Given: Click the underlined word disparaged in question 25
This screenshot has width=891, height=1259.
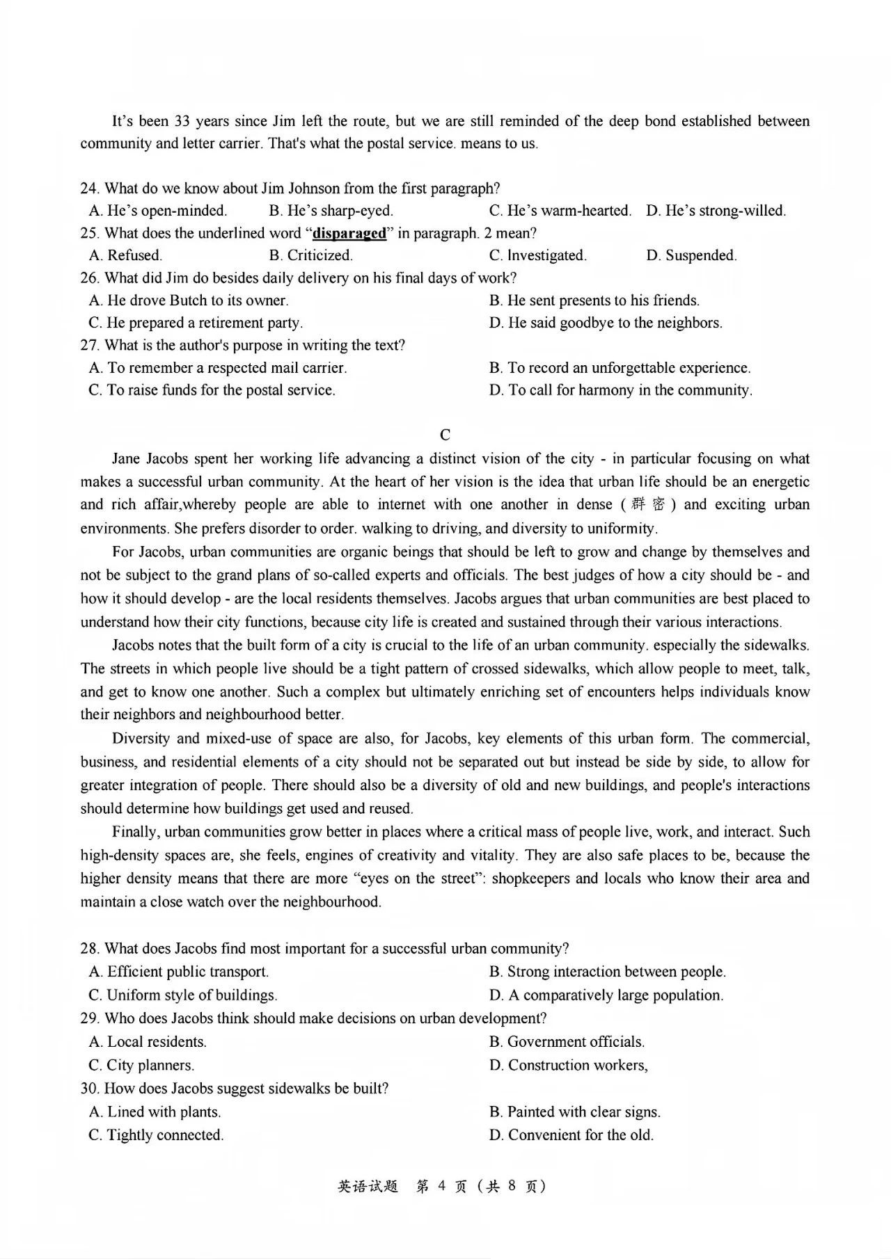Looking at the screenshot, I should [349, 233].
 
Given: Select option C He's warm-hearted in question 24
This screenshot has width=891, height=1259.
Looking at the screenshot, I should [560, 211].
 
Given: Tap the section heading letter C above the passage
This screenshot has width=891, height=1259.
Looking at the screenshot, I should [445, 435].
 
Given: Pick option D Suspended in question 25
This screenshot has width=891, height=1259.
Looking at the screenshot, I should [691, 255].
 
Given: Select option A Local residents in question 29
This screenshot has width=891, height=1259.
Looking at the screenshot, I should [148, 1042].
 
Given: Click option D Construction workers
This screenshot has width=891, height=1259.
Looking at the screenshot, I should [568, 1065].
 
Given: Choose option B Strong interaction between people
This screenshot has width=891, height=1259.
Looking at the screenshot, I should [607, 972].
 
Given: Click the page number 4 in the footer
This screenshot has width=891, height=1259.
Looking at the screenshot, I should [441, 1187].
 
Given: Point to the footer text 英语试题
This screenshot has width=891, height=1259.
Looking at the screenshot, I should [368, 1187].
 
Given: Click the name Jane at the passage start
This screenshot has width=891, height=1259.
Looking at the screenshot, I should [127, 458].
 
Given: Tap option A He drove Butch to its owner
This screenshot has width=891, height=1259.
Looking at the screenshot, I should [189, 300].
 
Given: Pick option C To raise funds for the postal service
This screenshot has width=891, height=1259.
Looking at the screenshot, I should [212, 390].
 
